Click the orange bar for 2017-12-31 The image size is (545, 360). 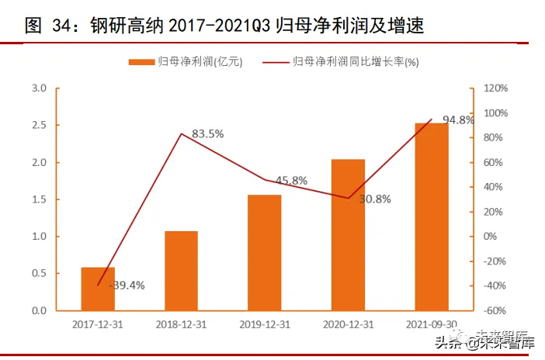[x=98, y=289]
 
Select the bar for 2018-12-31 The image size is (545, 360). [x=181, y=271]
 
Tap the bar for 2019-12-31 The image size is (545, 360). [x=265, y=252]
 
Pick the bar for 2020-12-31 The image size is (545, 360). [x=348, y=234]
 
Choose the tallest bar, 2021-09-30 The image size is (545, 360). [x=431, y=216]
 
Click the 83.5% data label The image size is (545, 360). [x=207, y=133]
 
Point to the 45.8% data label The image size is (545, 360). [x=291, y=180]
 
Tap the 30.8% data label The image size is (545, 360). [x=374, y=199]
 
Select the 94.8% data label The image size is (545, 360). [x=458, y=119]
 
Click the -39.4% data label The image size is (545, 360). [x=127, y=286]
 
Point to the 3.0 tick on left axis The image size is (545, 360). [x=39, y=88]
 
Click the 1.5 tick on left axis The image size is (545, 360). [x=39, y=199]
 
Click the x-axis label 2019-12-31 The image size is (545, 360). [x=265, y=324]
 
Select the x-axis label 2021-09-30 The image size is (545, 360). [x=431, y=324]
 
